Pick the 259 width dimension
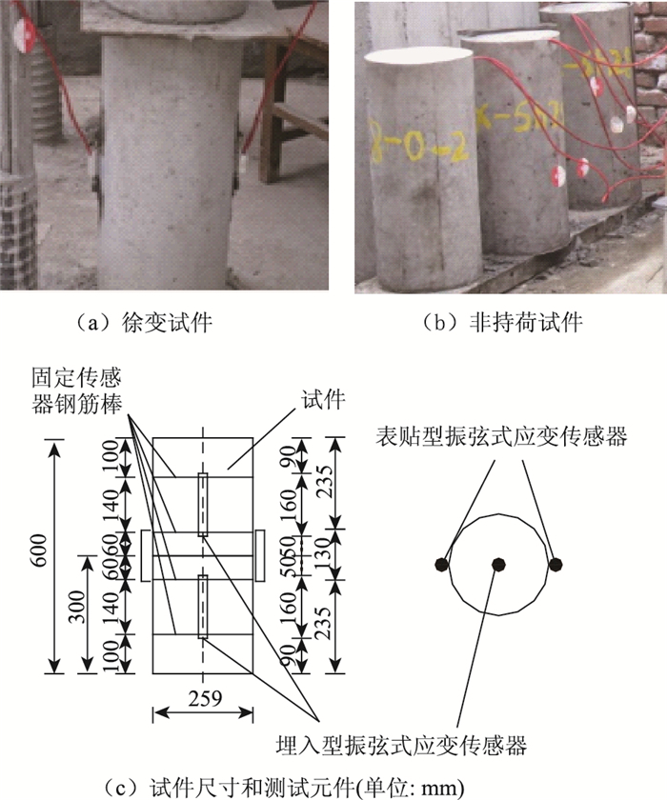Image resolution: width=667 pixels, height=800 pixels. point(204,698)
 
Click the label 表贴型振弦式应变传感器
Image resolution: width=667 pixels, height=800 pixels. point(501,437)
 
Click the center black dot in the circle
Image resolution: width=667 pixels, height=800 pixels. point(497,564)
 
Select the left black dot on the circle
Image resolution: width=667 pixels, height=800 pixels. point(440,564)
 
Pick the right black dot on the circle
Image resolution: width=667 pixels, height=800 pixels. point(556,564)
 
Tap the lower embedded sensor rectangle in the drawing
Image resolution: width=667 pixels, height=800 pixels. point(203,606)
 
